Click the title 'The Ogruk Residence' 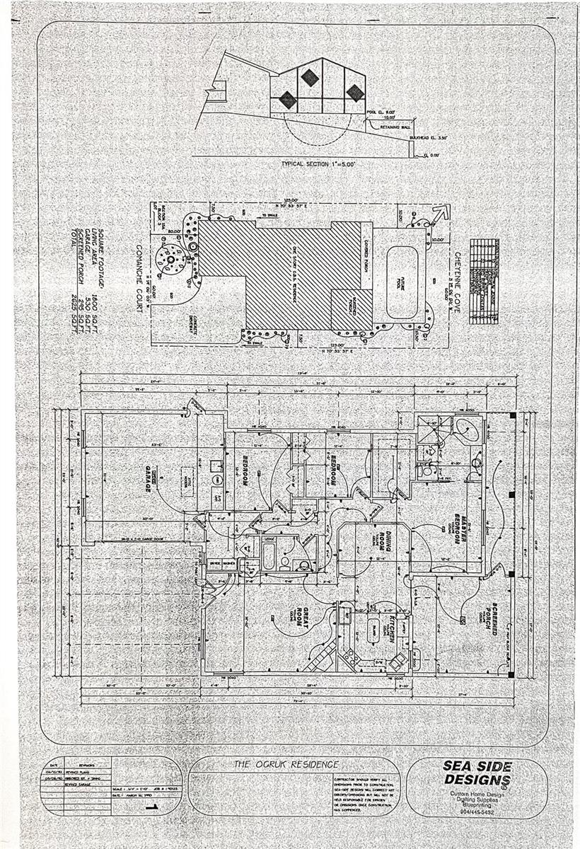(x=286, y=765)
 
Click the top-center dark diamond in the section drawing (x=309, y=76)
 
